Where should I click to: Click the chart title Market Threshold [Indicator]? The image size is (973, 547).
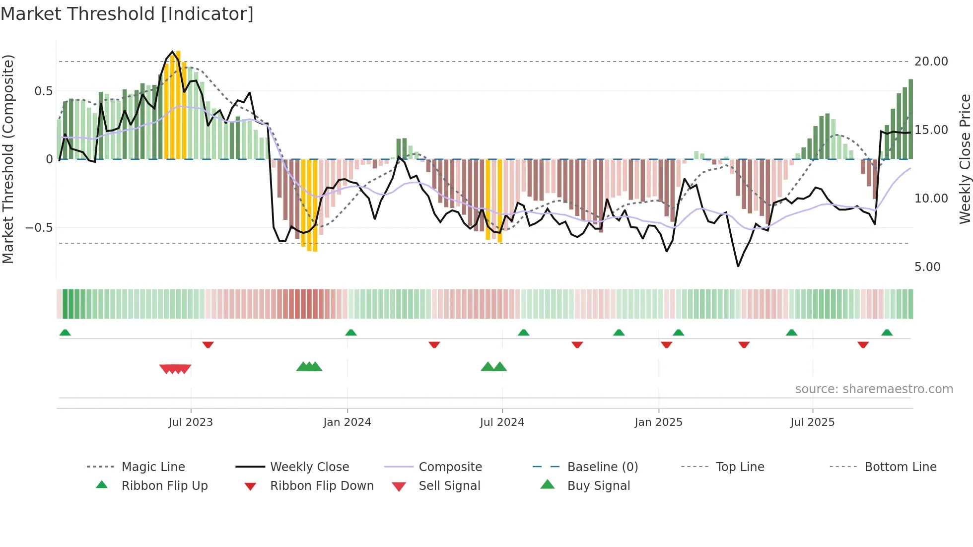pyautogui.click(x=127, y=14)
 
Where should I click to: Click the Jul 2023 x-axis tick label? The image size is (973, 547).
pyautogui.click(x=190, y=422)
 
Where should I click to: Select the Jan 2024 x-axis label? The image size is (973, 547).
pyautogui.click(x=347, y=422)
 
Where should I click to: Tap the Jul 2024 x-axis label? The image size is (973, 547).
pyautogui.click(x=502, y=422)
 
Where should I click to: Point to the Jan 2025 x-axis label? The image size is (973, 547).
pyautogui.click(x=658, y=422)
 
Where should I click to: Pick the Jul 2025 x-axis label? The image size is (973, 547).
pyautogui.click(x=812, y=422)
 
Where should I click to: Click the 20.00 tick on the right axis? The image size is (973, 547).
pyautogui.click(x=931, y=62)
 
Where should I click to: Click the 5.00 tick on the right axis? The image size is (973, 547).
pyautogui.click(x=927, y=267)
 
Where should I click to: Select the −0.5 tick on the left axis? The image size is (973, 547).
pyautogui.click(x=39, y=228)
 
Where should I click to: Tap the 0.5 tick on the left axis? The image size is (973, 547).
pyautogui.click(x=43, y=91)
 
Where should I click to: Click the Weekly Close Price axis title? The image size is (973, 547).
pyautogui.click(x=965, y=159)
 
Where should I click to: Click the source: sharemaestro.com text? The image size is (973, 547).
pyautogui.click(x=874, y=389)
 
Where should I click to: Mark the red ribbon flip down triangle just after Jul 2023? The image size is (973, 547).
pyautogui.click(x=208, y=344)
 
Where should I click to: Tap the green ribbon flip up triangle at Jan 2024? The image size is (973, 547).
pyautogui.click(x=351, y=333)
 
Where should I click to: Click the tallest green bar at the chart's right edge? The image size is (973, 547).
pyautogui.click(x=910, y=119)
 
